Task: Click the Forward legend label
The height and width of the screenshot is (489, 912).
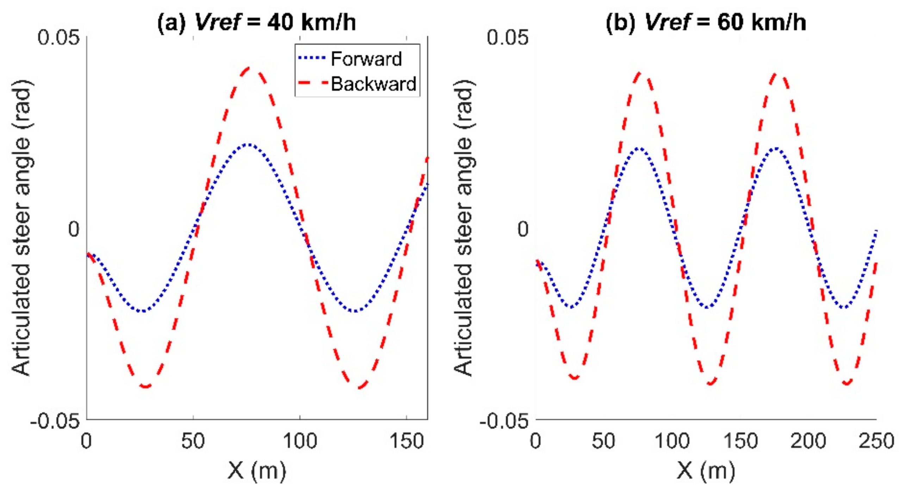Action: [x=366, y=59]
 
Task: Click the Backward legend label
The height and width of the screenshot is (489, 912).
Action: [x=373, y=84]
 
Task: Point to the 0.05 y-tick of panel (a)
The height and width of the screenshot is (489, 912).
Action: [x=59, y=37]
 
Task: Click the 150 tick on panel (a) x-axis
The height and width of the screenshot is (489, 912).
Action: [x=407, y=441]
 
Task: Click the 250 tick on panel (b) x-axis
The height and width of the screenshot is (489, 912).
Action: [x=876, y=441]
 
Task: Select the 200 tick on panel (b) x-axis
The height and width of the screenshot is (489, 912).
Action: [x=808, y=441]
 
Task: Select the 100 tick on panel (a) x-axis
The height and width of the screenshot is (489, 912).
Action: [x=300, y=441]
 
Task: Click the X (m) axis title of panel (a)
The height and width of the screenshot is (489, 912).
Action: [x=257, y=471]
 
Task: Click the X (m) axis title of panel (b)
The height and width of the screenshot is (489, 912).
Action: [x=706, y=471]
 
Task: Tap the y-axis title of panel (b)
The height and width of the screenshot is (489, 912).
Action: [x=464, y=228]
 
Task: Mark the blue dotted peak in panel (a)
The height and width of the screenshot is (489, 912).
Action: [x=249, y=144]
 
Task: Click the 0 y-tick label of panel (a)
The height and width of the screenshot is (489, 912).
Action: [x=74, y=229]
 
